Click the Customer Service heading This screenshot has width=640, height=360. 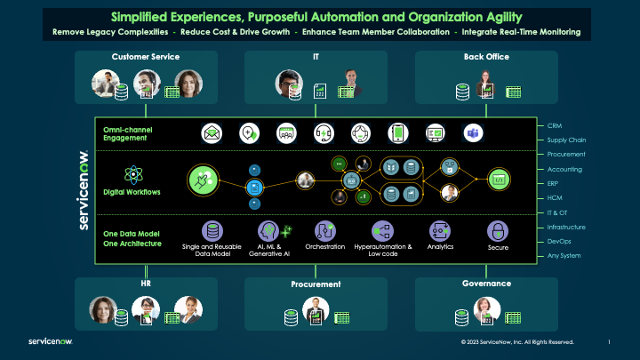(x=146, y=57)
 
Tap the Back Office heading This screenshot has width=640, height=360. (x=485, y=57)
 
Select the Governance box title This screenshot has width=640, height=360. (x=486, y=284)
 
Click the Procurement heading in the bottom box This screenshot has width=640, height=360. (x=316, y=284)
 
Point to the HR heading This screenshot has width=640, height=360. (x=146, y=284)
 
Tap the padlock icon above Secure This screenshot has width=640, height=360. (x=498, y=230)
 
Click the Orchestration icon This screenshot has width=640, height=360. (x=324, y=230)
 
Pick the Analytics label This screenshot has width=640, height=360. (x=441, y=246)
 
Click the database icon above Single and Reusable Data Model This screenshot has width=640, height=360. (x=212, y=230)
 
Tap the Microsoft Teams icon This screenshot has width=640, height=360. (x=473, y=133)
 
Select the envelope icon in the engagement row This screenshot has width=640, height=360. (x=212, y=133)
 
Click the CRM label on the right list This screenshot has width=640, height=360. (x=554, y=126)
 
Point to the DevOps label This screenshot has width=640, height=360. (x=560, y=242)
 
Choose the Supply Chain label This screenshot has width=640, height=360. (x=565, y=140)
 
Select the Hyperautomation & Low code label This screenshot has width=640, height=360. (x=382, y=250)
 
